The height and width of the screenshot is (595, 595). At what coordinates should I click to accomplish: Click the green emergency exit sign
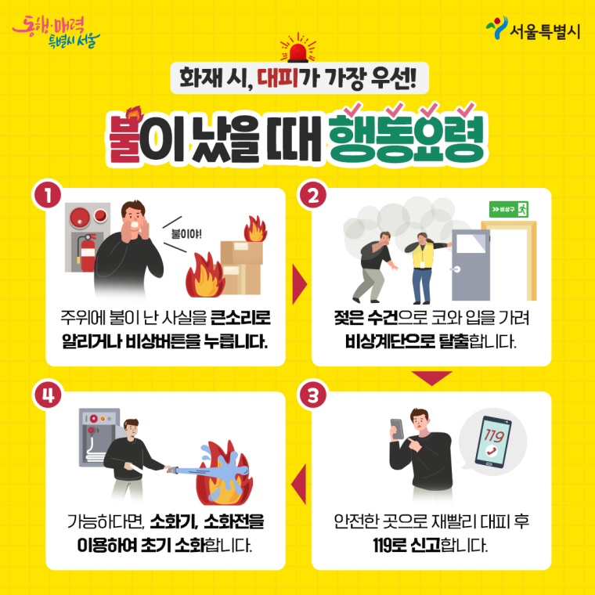[509, 209]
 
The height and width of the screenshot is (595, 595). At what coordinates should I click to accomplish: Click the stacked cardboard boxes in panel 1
[241, 263]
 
